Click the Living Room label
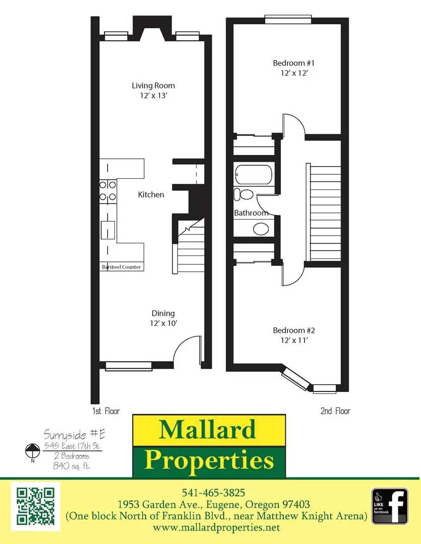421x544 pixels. [153, 86]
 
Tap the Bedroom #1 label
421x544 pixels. [294, 63]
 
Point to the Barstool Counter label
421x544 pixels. [122, 267]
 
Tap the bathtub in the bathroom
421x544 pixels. [254, 175]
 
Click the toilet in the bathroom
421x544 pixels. [245, 194]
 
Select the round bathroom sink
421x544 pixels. [260, 229]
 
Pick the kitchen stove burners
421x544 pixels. [107, 190]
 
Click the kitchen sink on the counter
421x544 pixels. [107, 230]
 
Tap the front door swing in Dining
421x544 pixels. [187, 350]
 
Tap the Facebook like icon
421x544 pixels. [390, 506]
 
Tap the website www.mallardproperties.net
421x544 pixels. [216, 527]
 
